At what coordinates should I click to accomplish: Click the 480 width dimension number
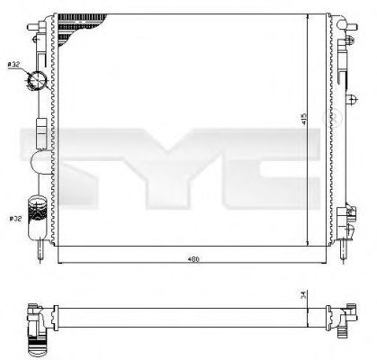coord(192,261)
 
